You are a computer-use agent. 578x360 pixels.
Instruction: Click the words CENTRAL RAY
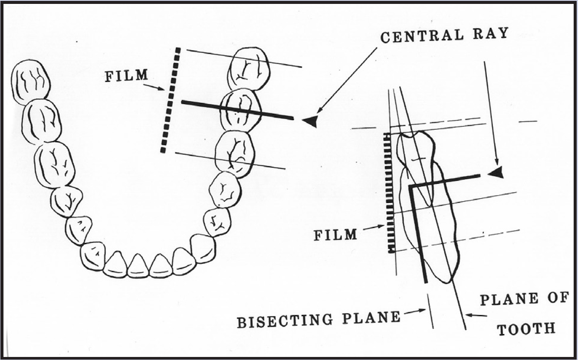pos(444,35)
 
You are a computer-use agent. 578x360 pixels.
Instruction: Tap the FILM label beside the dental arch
pos(126,75)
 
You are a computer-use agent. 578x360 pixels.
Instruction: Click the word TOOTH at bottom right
pos(526,329)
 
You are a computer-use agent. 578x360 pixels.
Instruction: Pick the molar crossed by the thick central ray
pos(240,109)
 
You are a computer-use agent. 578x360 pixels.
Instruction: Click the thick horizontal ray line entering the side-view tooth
pos(447,180)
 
